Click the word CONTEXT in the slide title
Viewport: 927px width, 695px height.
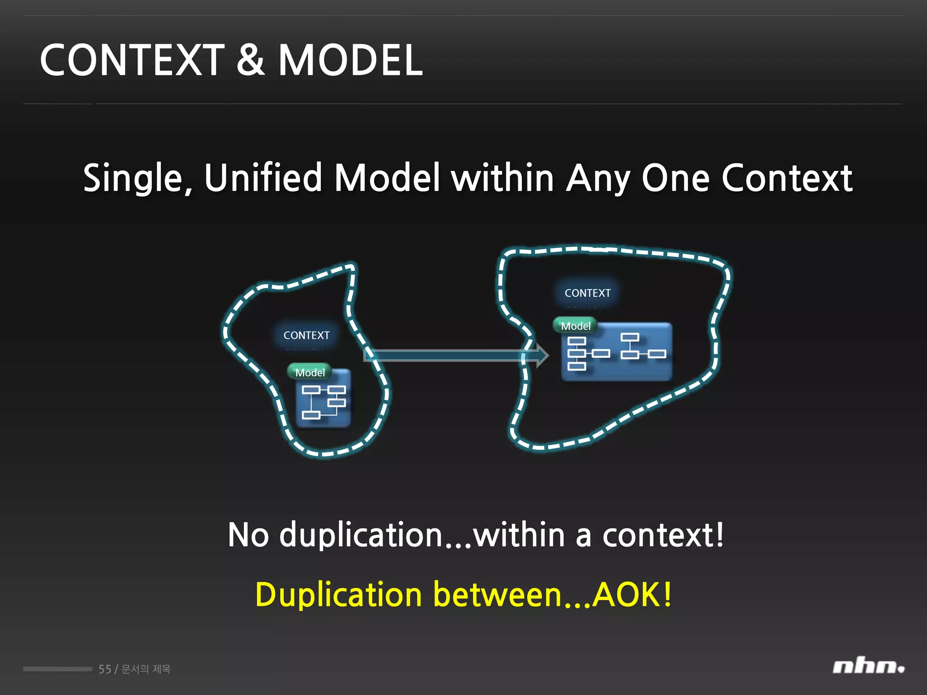point(132,60)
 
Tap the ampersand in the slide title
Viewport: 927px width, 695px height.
point(250,60)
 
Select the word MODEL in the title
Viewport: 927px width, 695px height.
point(350,60)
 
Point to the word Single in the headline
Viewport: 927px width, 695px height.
point(138,178)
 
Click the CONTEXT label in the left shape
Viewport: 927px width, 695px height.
point(306,335)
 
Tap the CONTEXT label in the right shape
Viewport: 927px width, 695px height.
point(588,293)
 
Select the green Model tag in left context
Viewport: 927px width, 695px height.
point(310,372)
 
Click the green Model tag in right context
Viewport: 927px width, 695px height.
point(575,326)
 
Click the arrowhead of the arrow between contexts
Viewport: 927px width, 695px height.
point(542,355)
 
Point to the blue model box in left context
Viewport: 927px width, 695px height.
point(324,400)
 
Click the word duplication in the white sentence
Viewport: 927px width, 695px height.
point(360,535)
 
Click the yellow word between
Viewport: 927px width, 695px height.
point(497,595)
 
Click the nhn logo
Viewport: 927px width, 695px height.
point(868,666)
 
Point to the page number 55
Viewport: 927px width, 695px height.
point(105,669)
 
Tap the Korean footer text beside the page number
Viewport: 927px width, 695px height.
point(146,669)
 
